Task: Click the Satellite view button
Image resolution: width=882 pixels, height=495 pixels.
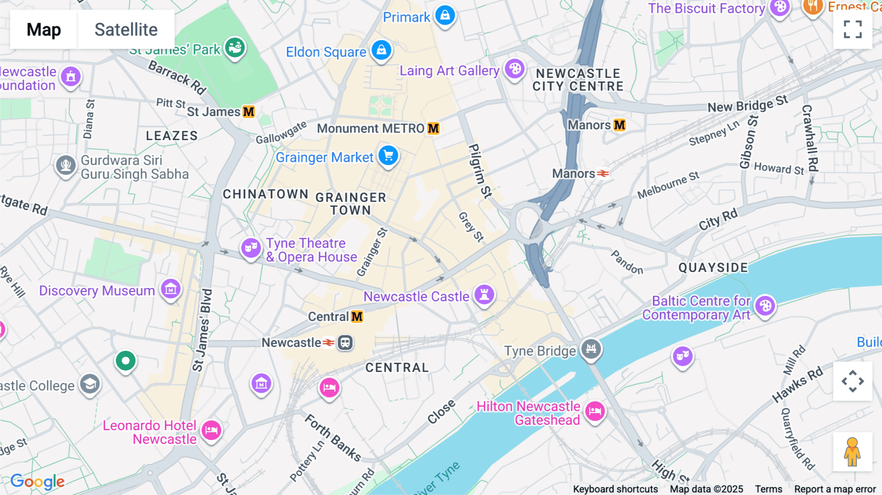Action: [x=126, y=29]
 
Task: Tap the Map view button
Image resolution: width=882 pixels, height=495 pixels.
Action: [x=44, y=29]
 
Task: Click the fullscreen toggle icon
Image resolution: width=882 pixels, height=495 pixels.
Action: [x=853, y=29]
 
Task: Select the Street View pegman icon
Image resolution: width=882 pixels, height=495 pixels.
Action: [x=853, y=452]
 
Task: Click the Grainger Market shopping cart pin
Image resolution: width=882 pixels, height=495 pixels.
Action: [x=389, y=156]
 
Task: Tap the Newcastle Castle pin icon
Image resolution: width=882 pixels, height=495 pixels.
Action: [x=484, y=295]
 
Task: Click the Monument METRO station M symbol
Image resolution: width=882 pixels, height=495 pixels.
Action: [x=433, y=128]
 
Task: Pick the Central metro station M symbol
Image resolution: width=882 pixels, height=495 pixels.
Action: [x=357, y=317]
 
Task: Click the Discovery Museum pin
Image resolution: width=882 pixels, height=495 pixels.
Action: [x=171, y=289]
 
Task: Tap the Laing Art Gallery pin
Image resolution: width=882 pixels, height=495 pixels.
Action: [x=514, y=69]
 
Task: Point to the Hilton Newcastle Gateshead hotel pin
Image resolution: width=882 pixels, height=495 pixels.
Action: [x=595, y=411]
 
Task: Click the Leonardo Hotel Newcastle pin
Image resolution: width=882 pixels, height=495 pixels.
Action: [x=212, y=430]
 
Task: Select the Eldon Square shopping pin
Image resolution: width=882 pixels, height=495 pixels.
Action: [x=381, y=50]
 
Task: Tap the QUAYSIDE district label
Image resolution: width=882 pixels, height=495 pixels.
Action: [x=713, y=268]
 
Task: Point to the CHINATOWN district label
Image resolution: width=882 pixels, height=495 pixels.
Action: [x=266, y=194]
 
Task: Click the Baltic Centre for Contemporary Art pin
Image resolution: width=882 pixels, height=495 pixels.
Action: [x=765, y=306]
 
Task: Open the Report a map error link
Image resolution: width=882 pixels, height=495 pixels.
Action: [x=835, y=489]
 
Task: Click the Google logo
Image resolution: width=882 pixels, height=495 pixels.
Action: [x=38, y=482]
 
